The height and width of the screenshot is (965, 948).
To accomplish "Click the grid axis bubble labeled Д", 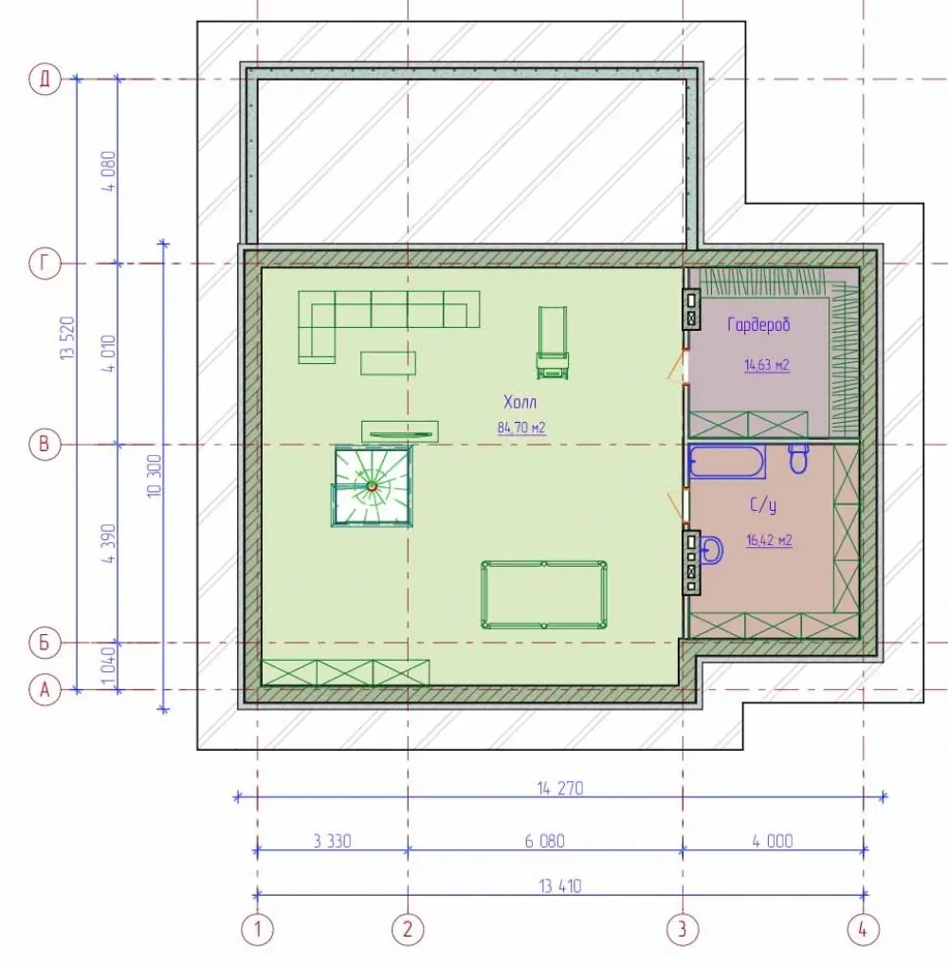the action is (45, 80).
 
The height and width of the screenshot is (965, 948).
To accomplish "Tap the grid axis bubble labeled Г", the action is (45, 264).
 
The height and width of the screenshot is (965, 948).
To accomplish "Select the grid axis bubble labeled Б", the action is (45, 643).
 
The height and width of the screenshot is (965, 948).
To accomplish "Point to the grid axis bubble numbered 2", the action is (408, 929).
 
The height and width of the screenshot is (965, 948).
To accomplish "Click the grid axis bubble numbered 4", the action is (863, 929).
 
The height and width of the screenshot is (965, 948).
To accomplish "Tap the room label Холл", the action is (520, 403).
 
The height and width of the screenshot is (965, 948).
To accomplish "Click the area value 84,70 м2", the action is (521, 428).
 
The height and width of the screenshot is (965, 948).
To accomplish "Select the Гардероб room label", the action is (758, 324).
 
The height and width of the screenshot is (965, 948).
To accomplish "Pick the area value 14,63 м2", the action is (766, 365).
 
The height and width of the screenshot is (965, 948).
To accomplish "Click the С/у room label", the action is (763, 506).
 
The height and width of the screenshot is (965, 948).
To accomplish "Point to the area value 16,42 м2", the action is (769, 541).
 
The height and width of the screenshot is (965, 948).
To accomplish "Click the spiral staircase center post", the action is (372, 486).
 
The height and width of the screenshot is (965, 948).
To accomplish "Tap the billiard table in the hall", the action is (544, 594).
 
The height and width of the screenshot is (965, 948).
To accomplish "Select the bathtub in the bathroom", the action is (726, 462).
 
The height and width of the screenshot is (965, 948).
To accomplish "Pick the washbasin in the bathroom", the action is (711, 550).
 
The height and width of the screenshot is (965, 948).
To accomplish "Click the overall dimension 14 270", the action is (560, 789).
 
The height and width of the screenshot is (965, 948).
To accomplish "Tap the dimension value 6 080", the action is (545, 842).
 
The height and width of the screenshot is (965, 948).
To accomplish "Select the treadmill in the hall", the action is (553, 344).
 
